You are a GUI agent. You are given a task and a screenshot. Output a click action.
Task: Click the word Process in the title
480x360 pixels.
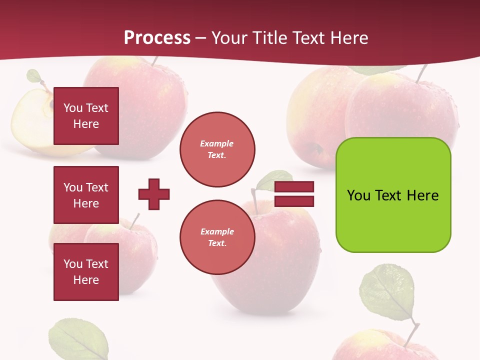(157, 37)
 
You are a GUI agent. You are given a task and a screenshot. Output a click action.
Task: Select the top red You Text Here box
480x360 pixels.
(86, 116)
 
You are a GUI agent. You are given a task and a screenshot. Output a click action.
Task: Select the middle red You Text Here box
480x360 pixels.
(86, 195)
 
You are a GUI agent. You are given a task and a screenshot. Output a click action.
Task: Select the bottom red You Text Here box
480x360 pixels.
(86, 271)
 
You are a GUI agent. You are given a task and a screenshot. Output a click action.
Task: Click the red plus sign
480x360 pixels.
(154, 194)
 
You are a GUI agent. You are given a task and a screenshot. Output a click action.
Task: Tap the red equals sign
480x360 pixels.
(294, 194)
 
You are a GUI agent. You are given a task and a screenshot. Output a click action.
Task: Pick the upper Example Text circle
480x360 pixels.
(217, 149)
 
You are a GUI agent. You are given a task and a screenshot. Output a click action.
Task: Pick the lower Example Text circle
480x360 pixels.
(217, 237)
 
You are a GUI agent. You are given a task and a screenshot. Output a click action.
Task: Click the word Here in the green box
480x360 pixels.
(422, 195)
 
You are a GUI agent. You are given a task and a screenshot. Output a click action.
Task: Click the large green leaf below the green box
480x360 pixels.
(387, 292)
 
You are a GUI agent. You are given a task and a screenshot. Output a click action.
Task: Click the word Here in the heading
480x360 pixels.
(350, 37)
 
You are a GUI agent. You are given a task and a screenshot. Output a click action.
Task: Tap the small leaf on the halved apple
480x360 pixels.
(34, 76)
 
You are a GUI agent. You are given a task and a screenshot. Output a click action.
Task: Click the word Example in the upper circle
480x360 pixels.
(216, 143)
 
